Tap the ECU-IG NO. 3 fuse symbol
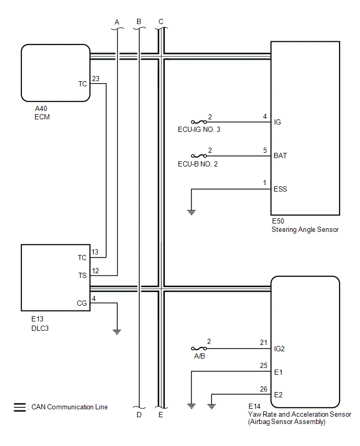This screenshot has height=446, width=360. pos(199,122)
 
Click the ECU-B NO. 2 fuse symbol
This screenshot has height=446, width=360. pos(199,156)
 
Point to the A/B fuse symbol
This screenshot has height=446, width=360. pos(199,349)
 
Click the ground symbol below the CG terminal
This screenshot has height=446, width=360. pos(117,332)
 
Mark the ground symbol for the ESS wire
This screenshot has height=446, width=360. pos(192,212)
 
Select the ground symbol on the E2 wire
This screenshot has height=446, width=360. pos(211,406)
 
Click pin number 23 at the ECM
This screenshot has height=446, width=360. pos(96,79)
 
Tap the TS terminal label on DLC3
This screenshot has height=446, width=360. pos(83,275)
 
